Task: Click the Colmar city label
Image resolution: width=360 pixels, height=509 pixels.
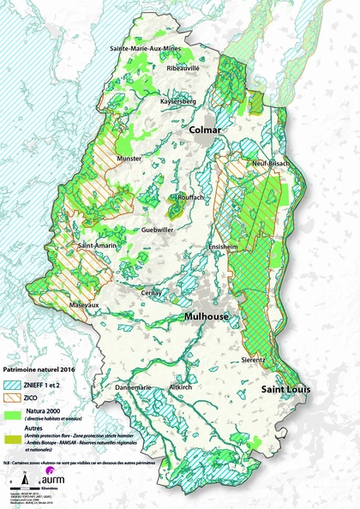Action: (x=207, y=129)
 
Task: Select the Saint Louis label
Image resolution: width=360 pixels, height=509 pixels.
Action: (x=285, y=390)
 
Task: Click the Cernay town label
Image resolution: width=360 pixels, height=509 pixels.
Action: (x=153, y=292)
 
